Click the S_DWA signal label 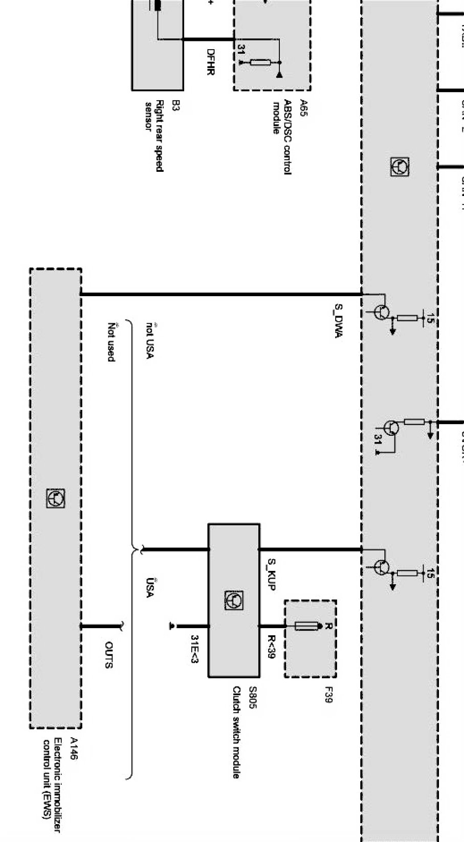(x=338, y=321)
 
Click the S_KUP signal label (x=271, y=573)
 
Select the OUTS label (x=108, y=655)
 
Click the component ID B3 (x=175, y=105)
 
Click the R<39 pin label (x=271, y=647)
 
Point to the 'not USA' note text (x=149, y=340)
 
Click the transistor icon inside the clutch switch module (x=234, y=600)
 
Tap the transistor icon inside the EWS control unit (x=56, y=498)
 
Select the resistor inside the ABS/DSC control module (x=260, y=62)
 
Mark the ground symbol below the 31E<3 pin (x=173, y=626)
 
